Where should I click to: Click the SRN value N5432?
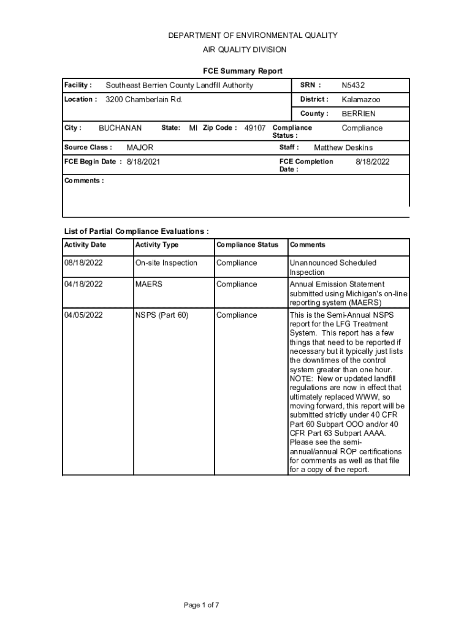(353, 85)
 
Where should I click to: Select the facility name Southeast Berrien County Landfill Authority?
(179, 85)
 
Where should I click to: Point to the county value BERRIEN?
(359, 114)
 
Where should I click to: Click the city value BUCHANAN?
(120, 128)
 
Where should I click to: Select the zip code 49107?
(255, 128)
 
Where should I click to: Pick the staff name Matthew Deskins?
(343, 148)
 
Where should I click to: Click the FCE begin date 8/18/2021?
(144, 162)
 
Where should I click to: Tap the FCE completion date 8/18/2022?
(373, 162)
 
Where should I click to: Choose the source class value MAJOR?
(140, 148)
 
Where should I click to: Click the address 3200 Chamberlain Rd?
(144, 99)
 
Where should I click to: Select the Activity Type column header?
(157, 245)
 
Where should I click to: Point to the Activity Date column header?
(85, 245)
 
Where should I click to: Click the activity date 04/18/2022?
(83, 284)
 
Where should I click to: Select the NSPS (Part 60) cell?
(162, 315)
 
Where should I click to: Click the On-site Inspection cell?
(166, 263)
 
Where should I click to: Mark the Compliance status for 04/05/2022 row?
(237, 315)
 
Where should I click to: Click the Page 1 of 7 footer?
(202, 606)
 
